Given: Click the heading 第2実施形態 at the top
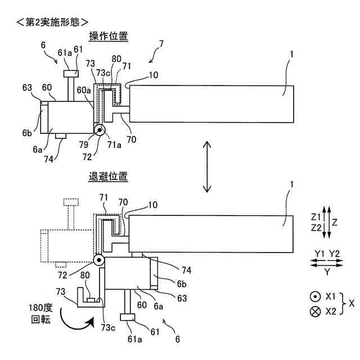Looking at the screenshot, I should [53, 22].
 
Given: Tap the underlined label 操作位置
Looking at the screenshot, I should [109, 36].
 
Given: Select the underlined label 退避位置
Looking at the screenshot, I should [109, 177].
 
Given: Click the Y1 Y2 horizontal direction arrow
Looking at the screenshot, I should [326, 262].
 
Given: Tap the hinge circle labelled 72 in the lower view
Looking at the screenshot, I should [100, 260].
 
